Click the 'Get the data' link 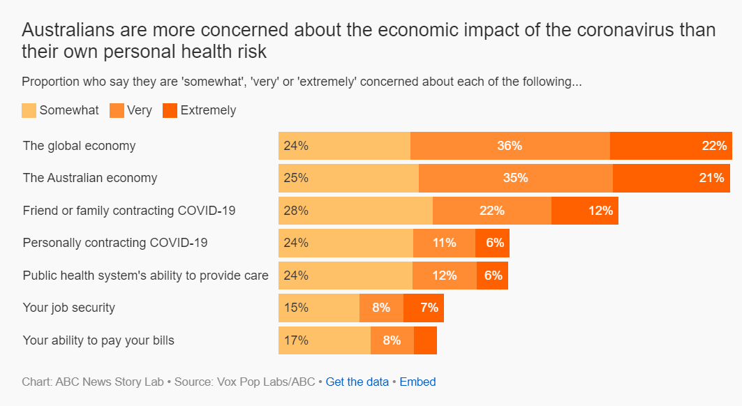point(357,382)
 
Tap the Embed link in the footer point(417,382)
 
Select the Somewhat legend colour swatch point(29,110)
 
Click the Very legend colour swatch point(117,110)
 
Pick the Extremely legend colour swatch point(170,110)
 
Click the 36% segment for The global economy point(510,146)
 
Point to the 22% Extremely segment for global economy point(671,146)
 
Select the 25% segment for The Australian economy point(348,178)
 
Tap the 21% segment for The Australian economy point(671,178)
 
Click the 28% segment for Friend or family point(355,211)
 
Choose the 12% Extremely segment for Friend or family point(585,211)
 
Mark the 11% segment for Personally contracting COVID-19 point(444,243)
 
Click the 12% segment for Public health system point(445,276)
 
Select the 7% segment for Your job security point(424,308)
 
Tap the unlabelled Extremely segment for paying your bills point(425,340)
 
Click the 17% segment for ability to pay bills point(325,340)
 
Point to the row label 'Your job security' point(69,308)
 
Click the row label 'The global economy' point(79,146)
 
